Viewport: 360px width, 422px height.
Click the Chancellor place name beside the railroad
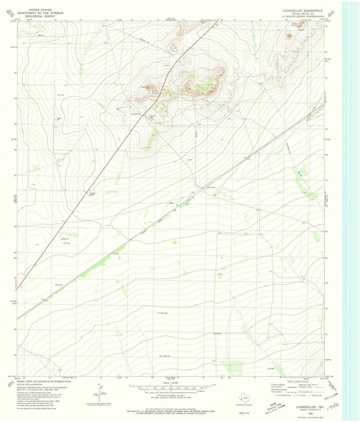tap(212, 187)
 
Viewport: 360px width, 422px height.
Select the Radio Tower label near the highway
tap(147, 88)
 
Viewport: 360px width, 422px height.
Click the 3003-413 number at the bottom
tap(244, 413)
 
